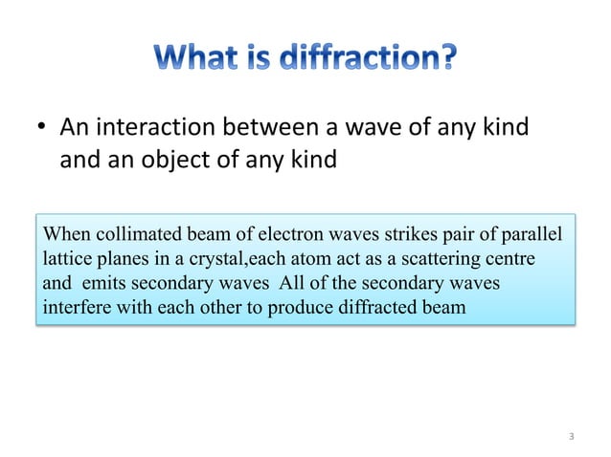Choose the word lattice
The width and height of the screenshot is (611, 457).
tap(65, 259)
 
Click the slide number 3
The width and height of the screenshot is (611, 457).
tap(571, 438)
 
